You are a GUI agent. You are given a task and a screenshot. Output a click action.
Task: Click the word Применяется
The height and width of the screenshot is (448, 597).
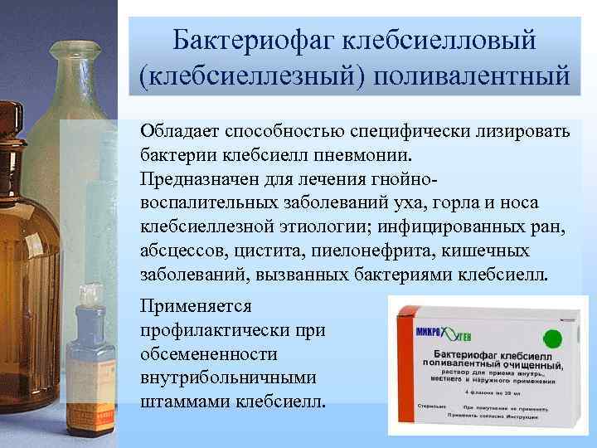(x=197, y=306)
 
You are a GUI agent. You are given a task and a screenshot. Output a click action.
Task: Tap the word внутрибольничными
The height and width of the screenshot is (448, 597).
(x=230, y=377)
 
